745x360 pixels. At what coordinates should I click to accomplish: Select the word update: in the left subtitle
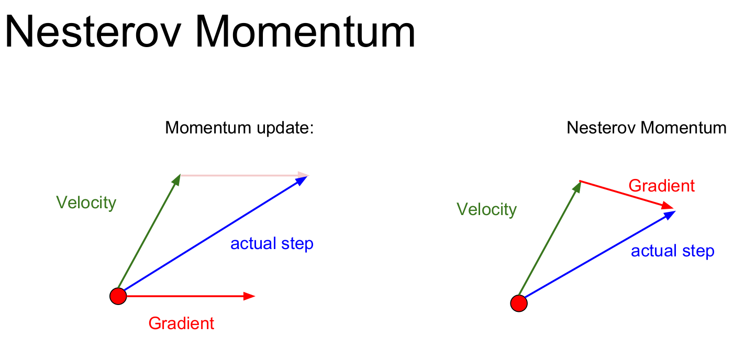point(285,128)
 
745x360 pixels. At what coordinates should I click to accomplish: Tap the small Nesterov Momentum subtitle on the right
point(646,128)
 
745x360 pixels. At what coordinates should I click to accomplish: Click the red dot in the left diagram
point(118,296)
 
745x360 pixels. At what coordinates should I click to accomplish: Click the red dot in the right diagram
point(519,303)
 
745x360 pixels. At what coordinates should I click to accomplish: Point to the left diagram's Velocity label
point(86,203)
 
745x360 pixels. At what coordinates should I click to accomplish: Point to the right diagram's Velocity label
point(486,209)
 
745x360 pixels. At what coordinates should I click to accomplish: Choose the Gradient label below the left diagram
point(181,323)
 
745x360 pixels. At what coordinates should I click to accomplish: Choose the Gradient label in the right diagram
point(662,185)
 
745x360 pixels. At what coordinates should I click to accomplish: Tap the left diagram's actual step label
point(272,244)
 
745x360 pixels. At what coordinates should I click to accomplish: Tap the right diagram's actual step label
point(673,251)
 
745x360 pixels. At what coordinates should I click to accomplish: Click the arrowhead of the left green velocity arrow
point(176,180)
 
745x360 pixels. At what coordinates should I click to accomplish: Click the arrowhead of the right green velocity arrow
point(577,186)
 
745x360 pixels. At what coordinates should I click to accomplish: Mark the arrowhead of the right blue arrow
point(669,215)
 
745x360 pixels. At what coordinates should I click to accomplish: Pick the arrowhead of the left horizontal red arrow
point(249,296)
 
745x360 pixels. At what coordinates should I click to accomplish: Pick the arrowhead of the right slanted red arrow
point(667,206)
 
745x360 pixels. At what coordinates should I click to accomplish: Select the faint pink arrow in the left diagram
point(245,175)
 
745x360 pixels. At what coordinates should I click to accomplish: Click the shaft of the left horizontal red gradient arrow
point(185,296)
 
